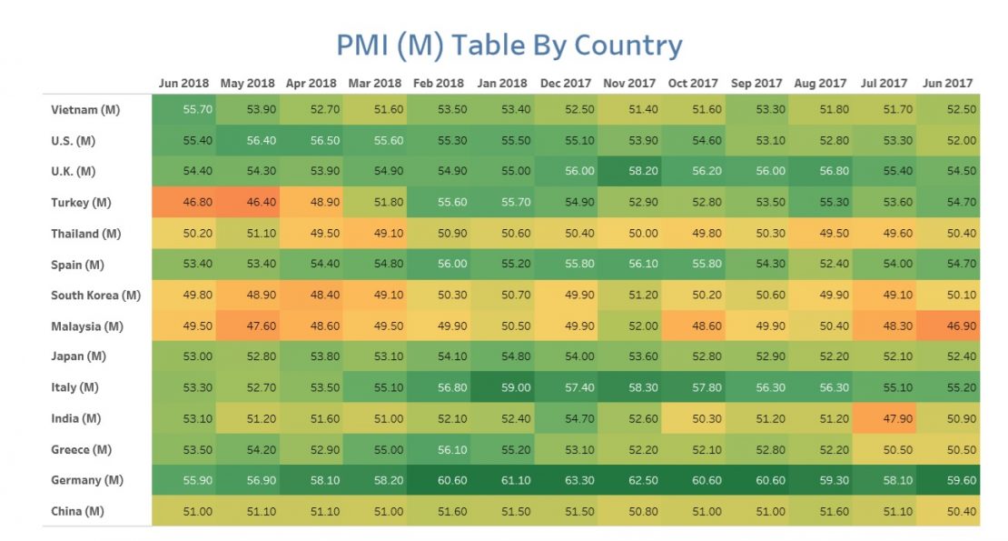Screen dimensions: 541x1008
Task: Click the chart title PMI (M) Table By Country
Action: point(509,45)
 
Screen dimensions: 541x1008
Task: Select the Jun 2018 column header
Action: point(183,83)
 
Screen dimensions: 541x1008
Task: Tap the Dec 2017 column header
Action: point(566,83)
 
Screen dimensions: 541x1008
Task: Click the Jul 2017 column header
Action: point(884,83)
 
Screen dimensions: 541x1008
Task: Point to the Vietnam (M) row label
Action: point(86,110)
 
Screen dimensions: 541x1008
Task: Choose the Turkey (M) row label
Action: point(83,203)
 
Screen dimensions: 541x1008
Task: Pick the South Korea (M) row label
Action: point(96,296)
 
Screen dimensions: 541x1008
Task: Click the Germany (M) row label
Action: point(88,480)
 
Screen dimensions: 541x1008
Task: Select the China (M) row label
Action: point(79,511)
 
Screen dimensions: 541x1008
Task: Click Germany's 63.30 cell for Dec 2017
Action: point(566,480)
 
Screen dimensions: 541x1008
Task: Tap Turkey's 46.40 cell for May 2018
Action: point(248,203)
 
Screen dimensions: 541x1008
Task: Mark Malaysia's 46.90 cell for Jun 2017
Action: point(947,326)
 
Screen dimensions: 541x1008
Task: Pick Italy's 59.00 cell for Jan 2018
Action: point(502,387)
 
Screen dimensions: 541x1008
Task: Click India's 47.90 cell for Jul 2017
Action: point(884,418)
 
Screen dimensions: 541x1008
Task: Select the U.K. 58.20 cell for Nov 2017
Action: point(629,172)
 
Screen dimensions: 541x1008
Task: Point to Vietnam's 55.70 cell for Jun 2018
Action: point(184,110)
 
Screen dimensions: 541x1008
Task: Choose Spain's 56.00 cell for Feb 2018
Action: point(439,265)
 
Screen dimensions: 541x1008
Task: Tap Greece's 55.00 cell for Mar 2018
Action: point(375,449)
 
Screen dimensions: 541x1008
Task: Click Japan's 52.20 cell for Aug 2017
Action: point(820,356)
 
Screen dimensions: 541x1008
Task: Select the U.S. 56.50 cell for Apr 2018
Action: point(311,141)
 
